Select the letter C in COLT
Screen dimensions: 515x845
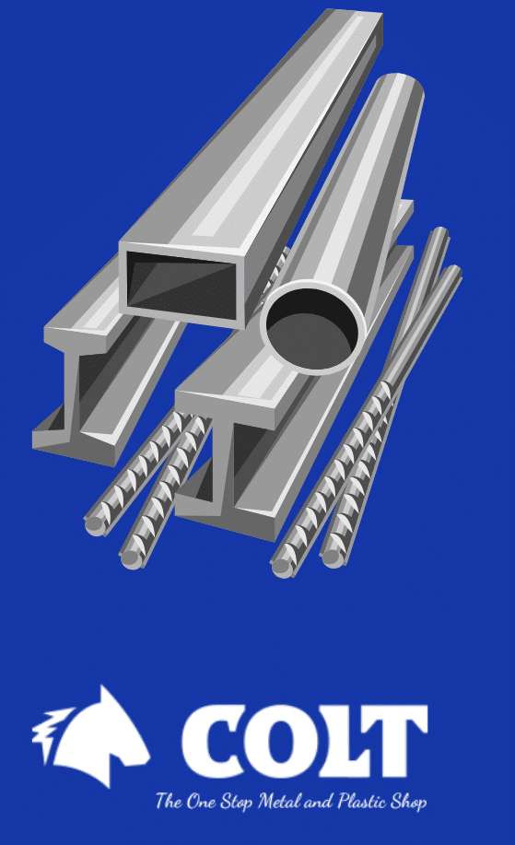[x=212, y=741]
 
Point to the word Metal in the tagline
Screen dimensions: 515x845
[x=279, y=802]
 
